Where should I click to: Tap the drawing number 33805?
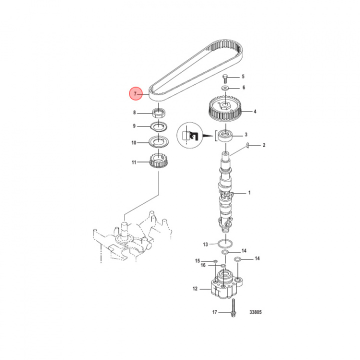click(x=255, y=313)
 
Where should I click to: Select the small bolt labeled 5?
click(x=225, y=77)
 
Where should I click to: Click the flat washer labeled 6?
click(x=226, y=87)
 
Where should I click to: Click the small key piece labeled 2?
click(x=247, y=145)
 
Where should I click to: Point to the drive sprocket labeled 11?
click(x=158, y=162)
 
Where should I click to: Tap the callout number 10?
click(x=134, y=143)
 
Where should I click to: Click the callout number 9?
click(x=134, y=126)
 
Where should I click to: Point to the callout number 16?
click(x=203, y=265)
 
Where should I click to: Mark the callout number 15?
click(x=197, y=261)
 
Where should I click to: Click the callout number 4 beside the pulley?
click(x=254, y=111)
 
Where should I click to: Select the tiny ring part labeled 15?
click(x=214, y=261)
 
